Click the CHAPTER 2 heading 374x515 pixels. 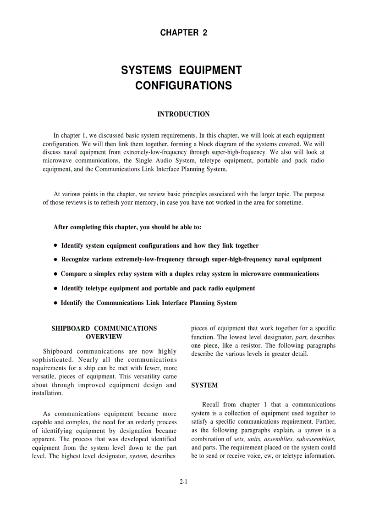point(183,33)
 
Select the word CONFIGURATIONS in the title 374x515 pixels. point(183,86)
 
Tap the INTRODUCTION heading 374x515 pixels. point(183,114)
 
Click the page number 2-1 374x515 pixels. point(184,482)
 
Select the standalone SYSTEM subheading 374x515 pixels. point(204,386)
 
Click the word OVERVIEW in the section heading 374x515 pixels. point(104,337)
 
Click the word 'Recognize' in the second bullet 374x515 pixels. point(76,259)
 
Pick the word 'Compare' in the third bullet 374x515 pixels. point(73,274)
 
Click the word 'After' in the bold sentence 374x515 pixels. point(61,227)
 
